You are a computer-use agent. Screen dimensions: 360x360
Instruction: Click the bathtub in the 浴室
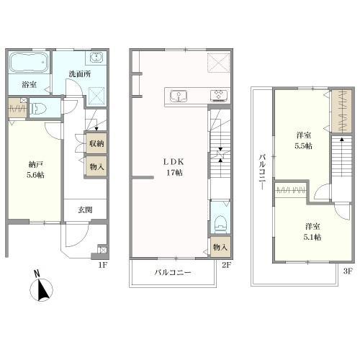pos(29,62)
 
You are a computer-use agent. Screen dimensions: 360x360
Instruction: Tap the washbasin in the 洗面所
pos(96,58)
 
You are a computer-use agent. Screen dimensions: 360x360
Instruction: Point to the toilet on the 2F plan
pos(220,224)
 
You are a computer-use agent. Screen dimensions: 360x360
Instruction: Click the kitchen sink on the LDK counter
pos(179,96)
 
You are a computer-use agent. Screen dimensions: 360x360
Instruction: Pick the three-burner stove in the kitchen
pos(219,95)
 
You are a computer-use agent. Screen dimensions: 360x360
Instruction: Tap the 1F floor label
pos(102,265)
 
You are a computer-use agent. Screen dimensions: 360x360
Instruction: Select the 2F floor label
pos(227,265)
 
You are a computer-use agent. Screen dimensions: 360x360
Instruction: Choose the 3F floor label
pos(348,271)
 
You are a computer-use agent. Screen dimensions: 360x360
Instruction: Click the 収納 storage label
pos(96,143)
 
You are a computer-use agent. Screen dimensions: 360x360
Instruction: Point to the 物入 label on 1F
pos(96,166)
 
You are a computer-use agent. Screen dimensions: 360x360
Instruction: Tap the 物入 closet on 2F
pos(220,247)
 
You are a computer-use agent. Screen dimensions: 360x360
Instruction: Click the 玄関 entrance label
pos(85,210)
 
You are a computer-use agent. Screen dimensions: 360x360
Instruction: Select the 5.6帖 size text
pos(35,175)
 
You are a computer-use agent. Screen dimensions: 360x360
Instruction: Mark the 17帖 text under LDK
pos(174,173)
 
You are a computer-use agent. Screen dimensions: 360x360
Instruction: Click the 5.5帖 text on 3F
pos(303,146)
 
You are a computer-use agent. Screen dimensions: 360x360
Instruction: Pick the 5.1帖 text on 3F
pos(312,237)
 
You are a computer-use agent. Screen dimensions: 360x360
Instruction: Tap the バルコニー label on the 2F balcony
pos(173,272)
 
